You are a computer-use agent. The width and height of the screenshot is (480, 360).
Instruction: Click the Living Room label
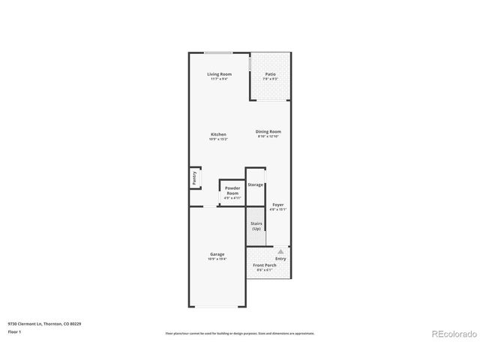[x=219, y=74]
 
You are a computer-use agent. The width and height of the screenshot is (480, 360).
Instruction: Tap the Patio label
[x=270, y=74]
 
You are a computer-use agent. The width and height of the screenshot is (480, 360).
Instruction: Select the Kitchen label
[x=218, y=134]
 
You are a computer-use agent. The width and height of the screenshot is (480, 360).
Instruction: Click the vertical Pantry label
[x=195, y=178]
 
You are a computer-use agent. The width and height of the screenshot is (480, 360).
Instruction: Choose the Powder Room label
[x=232, y=191]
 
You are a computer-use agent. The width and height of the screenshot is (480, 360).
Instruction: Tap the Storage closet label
[x=256, y=184]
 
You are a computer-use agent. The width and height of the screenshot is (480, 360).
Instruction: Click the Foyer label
[x=278, y=204]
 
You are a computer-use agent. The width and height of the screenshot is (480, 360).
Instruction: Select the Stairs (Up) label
[x=256, y=226]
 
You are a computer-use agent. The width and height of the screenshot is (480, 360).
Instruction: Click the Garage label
[x=217, y=254]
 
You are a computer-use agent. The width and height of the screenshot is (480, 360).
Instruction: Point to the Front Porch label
[x=265, y=265]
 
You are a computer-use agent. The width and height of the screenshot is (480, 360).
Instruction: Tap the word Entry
[x=280, y=259]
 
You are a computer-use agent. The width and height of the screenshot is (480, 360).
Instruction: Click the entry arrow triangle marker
[x=280, y=251]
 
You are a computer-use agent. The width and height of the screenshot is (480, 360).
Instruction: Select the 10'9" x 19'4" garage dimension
[x=217, y=259]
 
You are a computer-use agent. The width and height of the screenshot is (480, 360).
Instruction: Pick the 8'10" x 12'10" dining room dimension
[x=268, y=136]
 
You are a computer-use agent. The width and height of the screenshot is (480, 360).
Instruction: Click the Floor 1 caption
[x=15, y=331]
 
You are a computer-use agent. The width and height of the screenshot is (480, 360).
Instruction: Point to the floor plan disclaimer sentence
[x=240, y=333]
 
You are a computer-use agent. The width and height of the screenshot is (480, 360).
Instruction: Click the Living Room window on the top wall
[x=218, y=52]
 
